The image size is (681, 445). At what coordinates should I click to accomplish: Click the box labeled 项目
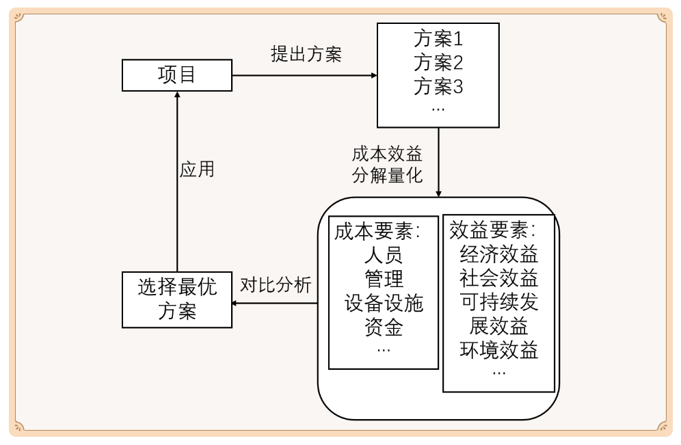click(177, 75)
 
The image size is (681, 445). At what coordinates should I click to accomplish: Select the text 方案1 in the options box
click(438, 38)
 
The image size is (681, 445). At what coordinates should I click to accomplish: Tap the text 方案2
click(438, 62)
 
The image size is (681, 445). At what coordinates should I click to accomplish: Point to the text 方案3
click(438, 87)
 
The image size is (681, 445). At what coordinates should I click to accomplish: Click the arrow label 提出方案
click(306, 54)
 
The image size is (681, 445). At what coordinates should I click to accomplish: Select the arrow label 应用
click(197, 169)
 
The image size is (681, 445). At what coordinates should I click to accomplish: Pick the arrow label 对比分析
click(276, 285)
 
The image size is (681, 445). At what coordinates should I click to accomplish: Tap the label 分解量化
click(387, 175)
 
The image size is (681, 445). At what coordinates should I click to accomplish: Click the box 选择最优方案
click(177, 299)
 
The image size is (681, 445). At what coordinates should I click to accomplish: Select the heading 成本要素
click(376, 231)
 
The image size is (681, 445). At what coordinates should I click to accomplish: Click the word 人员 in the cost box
click(384, 256)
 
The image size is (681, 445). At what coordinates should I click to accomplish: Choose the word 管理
click(384, 279)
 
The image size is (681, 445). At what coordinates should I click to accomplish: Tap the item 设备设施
click(384, 303)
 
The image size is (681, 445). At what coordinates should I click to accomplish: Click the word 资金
click(384, 327)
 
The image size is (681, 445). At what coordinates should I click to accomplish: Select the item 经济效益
click(499, 254)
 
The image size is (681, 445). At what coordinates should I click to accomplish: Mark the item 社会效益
click(499, 278)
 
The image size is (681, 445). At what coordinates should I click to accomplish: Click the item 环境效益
click(499, 350)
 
